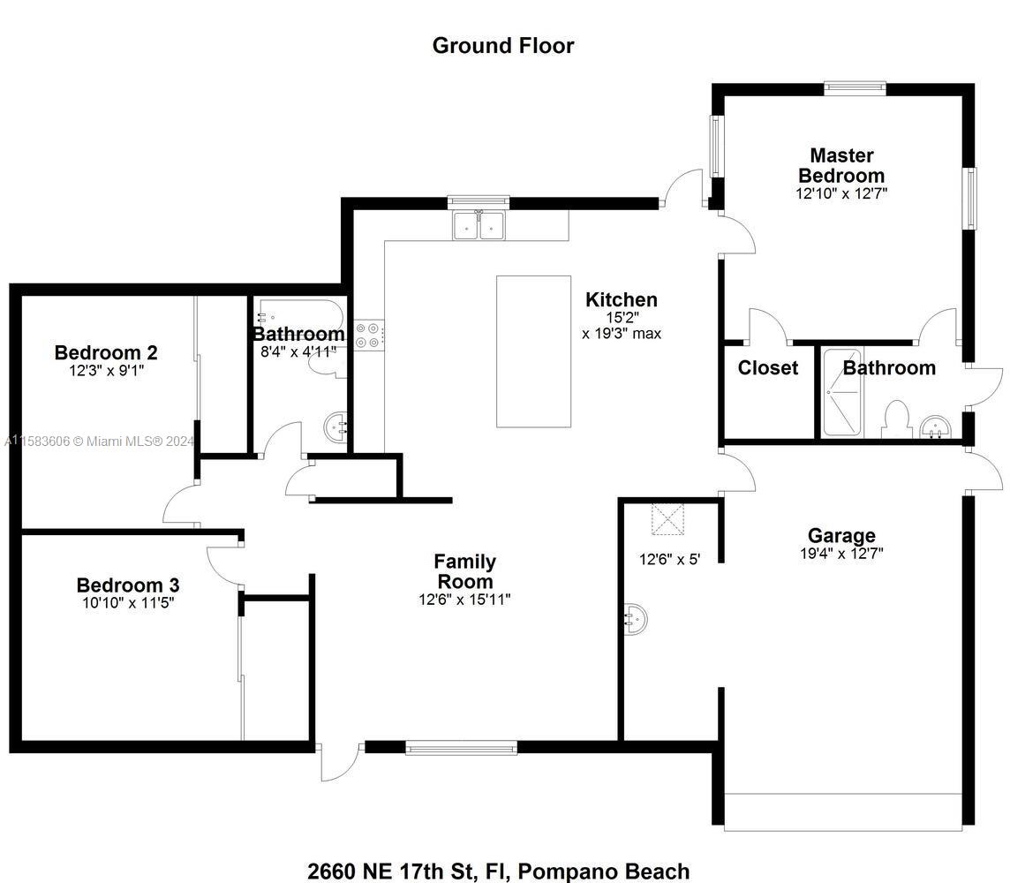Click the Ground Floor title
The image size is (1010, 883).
pyautogui.click(x=503, y=46)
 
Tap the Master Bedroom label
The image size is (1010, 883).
pyautogui.click(x=841, y=165)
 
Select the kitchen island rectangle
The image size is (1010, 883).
pyautogui.click(x=533, y=351)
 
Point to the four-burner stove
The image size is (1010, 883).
pyautogui.click(x=369, y=335)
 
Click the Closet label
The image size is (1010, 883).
pyautogui.click(x=768, y=367)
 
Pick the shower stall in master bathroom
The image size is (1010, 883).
pyautogui.click(x=841, y=392)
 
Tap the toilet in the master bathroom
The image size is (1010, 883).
pyautogui.click(x=894, y=419)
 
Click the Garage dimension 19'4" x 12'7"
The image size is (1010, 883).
pyautogui.click(x=841, y=554)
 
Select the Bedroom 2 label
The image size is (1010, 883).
pyautogui.click(x=106, y=353)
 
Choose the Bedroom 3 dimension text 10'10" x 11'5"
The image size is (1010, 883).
pyautogui.click(x=128, y=603)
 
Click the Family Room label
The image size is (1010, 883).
pyautogui.click(x=464, y=571)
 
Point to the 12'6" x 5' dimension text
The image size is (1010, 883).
pyautogui.click(x=670, y=560)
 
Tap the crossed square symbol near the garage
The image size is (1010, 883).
pyautogui.click(x=668, y=519)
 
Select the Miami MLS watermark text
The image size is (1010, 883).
pyautogui.click(x=99, y=441)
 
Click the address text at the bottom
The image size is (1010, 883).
pyautogui.click(x=499, y=872)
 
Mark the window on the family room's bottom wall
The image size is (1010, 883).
pyautogui.click(x=461, y=748)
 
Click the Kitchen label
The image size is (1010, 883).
pyautogui.click(x=622, y=299)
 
